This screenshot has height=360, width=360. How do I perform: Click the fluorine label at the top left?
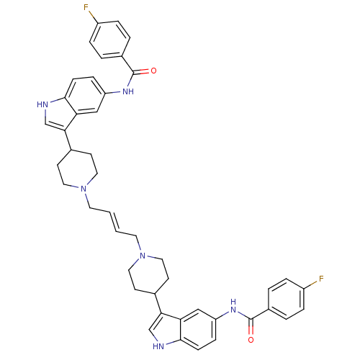coord(86,8)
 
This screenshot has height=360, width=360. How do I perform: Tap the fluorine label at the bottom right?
coord(321,279)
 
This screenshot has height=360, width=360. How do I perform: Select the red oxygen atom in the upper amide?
coord(153,71)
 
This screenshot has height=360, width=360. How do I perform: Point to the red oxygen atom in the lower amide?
coord(251,340)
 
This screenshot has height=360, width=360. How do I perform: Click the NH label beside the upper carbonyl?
coord(128,91)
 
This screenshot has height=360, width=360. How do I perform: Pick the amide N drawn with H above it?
coord(233,307)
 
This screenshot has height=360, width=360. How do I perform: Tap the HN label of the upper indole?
coord(42,104)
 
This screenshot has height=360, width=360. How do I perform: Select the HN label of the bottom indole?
coord(158,346)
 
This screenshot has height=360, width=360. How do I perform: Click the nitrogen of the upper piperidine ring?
coord(84,189)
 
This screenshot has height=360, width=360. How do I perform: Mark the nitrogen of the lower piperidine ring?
coord(143,256)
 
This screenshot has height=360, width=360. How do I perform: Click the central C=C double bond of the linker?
coord(113,222)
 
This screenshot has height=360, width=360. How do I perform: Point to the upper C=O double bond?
coord(142,71)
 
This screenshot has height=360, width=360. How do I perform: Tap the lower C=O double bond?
coord(251,327)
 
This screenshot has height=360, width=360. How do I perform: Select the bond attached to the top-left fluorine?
coord(94,17)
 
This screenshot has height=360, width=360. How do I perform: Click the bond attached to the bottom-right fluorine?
coord(312,284)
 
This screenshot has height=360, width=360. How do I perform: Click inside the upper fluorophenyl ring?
coord(110,40)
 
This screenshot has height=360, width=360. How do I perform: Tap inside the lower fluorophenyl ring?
coord(286,299)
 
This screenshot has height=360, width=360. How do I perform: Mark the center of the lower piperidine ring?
coord(148,275)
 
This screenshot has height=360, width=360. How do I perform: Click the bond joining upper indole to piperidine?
coord(68,140)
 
